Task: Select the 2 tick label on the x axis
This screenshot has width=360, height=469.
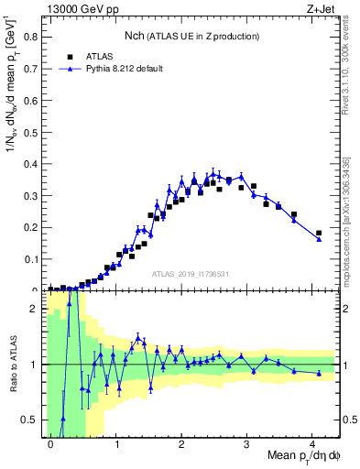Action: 181,442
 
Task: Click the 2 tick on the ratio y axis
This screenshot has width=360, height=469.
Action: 37,309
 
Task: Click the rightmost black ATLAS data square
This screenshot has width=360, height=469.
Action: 319,234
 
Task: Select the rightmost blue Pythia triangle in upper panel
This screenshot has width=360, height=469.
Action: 319,239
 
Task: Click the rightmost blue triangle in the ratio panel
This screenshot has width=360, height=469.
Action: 319,373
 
